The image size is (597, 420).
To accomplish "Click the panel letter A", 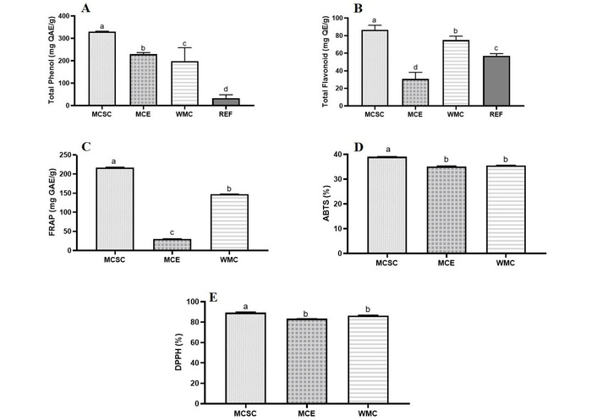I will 85,9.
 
